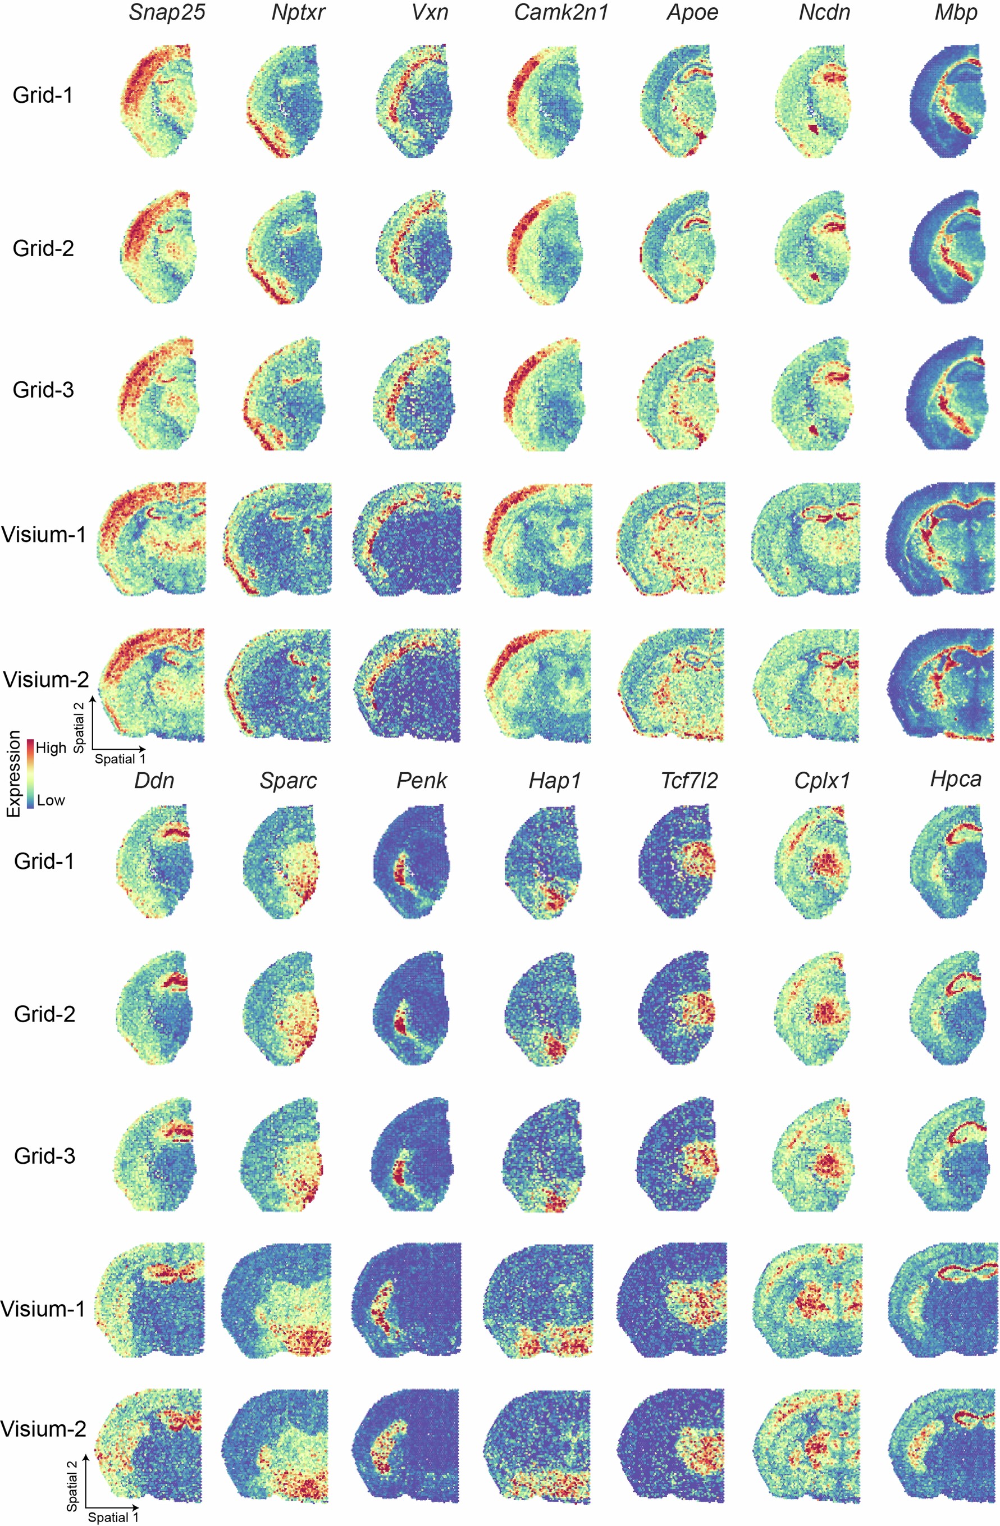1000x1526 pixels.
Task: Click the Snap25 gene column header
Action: point(167,13)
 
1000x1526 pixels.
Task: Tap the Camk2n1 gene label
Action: point(560,13)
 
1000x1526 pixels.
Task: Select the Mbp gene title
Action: point(956,13)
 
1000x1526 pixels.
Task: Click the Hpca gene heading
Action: point(956,779)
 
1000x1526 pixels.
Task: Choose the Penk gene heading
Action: point(421,780)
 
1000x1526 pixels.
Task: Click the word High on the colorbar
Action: point(51,748)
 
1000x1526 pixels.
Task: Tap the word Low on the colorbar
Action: point(51,800)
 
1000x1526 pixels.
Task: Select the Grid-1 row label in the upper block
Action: point(42,95)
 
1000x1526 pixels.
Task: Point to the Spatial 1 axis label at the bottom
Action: point(113,1517)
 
